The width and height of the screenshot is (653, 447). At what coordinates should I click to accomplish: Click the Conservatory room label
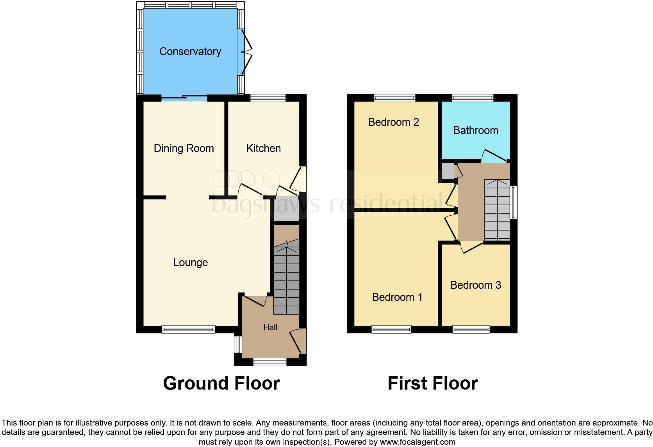click(190, 52)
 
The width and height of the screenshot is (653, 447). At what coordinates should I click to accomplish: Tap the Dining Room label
click(184, 148)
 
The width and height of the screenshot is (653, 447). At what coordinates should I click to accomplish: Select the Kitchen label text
click(263, 148)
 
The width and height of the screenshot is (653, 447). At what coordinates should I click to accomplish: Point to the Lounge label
click(190, 263)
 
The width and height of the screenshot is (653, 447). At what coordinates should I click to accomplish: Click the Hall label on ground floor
click(270, 327)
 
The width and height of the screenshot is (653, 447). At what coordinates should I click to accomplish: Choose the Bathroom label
click(475, 131)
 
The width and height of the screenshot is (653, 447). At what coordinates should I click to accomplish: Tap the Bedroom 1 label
click(397, 297)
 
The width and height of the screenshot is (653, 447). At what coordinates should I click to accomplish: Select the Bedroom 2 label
click(393, 122)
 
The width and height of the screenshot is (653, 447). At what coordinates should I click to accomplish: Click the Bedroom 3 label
click(475, 285)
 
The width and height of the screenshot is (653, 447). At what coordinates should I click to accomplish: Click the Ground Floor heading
click(221, 383)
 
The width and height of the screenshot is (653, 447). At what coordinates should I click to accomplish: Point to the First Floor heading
click(432, 383)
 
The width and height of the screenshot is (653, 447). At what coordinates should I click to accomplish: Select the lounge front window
click(188, 330)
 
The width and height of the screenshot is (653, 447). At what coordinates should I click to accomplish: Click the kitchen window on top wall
click(268, 98)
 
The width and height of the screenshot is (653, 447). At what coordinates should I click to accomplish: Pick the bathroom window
click(473, 98)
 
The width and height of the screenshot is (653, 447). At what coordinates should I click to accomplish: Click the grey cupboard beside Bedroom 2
click(448, 171)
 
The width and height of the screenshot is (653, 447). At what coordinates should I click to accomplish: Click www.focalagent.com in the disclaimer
click(417, 442)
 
